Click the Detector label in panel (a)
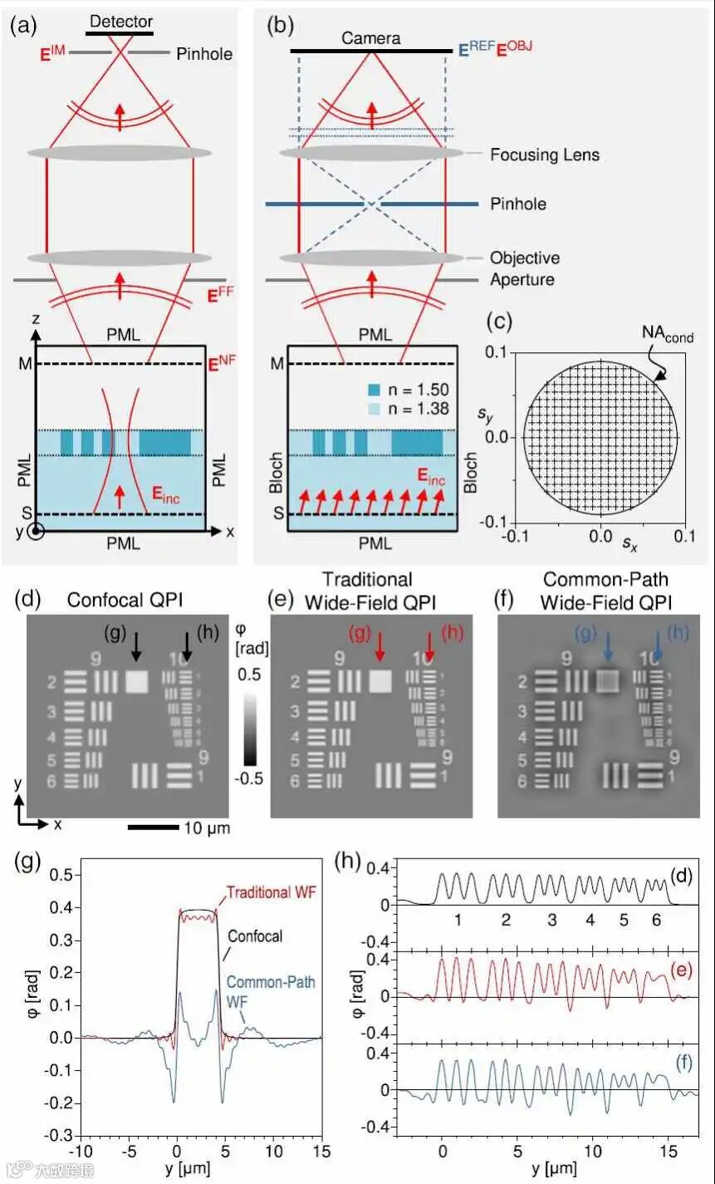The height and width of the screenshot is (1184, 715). [121, 20]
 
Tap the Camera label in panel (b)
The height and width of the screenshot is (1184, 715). [370, 38]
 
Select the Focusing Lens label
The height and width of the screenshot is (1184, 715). [544, 155]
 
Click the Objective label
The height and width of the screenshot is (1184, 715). [524, 258]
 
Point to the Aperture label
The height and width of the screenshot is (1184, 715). [523, 279]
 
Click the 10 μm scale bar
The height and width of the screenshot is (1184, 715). [154, 827]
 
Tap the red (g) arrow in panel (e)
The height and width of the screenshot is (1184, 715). [380, 647]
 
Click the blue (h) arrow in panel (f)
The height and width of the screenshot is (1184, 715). [658, 647]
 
